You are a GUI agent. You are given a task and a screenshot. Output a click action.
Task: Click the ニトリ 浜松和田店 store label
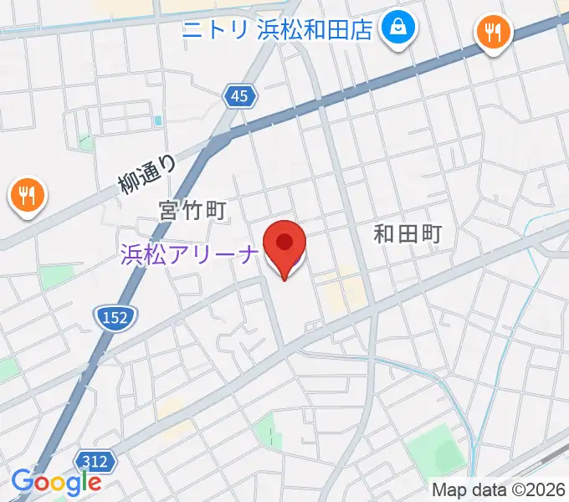(x=278, y=31)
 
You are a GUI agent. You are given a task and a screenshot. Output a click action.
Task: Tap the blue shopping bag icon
(x=396, y=31)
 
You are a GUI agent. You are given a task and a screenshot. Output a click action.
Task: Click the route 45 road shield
(x=239, y=97)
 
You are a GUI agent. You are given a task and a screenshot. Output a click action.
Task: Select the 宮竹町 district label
(x=193, y=209)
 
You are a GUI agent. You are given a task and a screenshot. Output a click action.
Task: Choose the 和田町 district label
(x=407, y=234)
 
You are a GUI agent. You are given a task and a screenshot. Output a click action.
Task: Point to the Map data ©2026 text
(x=499, y=489)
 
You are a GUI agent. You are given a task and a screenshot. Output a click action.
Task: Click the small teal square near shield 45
(x=157, y=121)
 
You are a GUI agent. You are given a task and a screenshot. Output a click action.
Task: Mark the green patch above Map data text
(x=449, y=457)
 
